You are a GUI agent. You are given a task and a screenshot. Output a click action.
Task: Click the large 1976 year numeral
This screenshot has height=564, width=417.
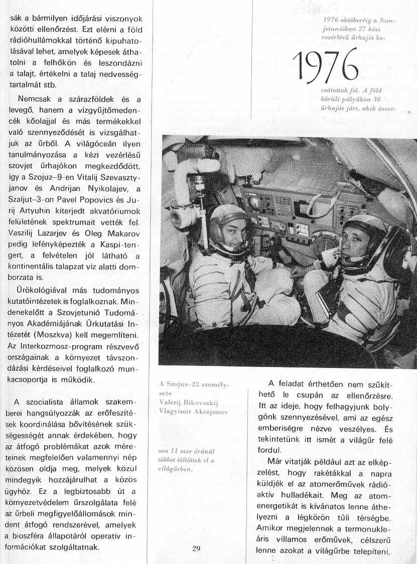point(325,65)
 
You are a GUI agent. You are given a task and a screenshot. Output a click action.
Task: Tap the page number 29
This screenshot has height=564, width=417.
point(196,548)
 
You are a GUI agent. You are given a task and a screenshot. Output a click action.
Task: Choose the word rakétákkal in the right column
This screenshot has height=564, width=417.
point(323,472)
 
